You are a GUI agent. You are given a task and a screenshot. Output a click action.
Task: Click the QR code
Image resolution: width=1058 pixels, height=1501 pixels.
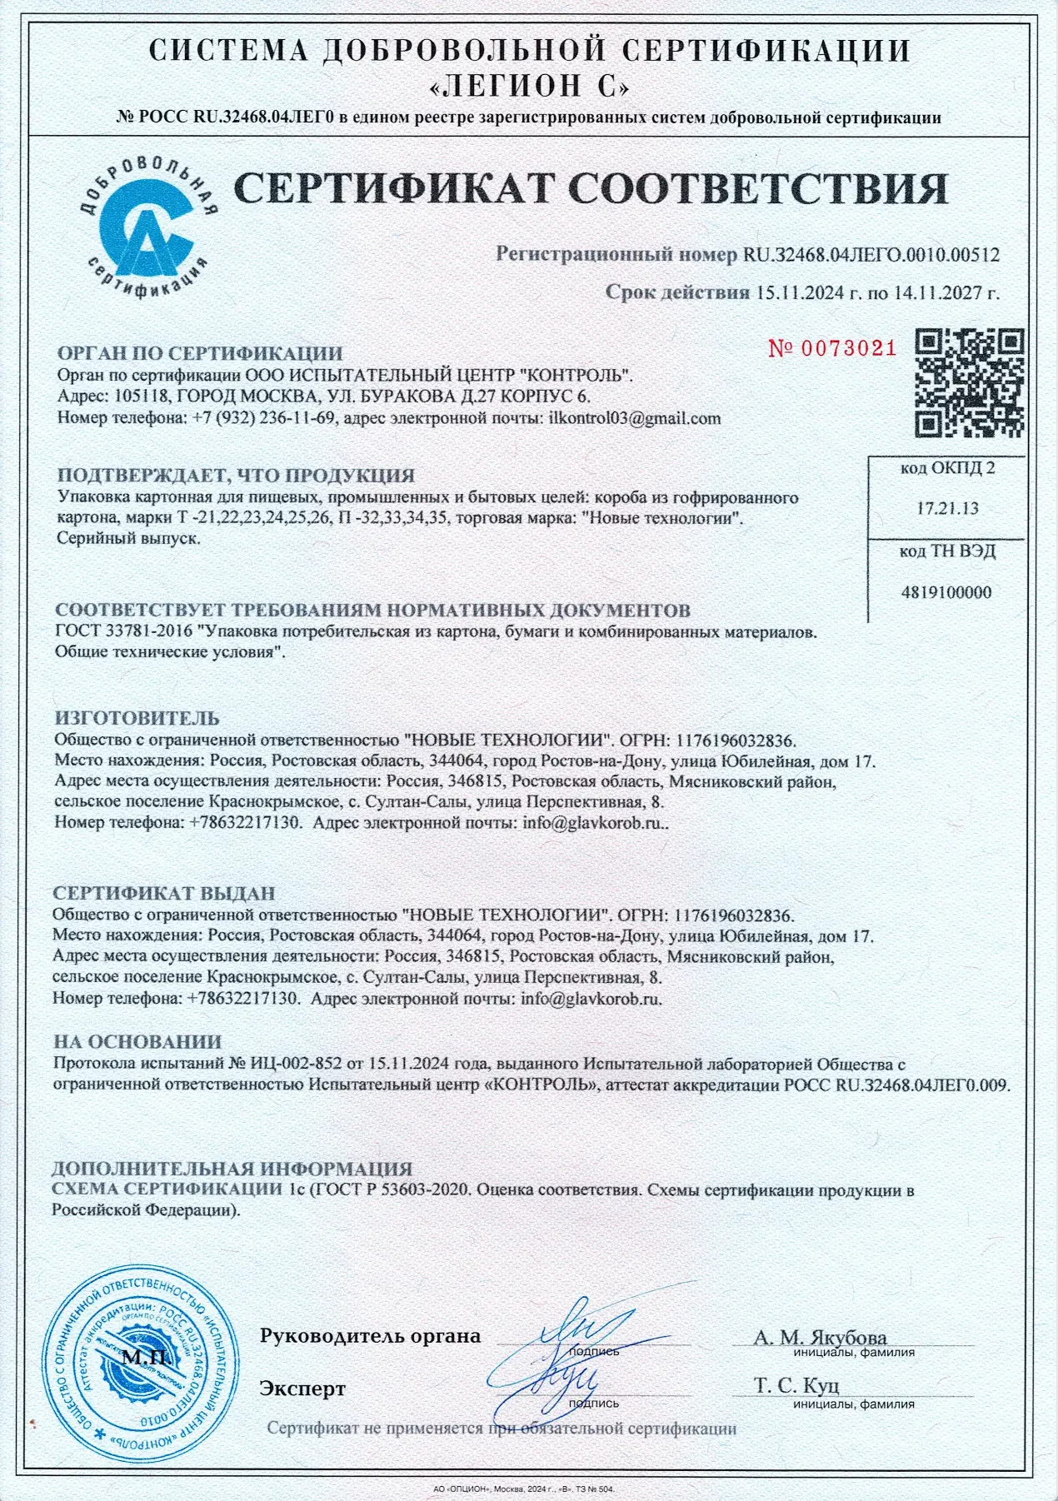(970, 383)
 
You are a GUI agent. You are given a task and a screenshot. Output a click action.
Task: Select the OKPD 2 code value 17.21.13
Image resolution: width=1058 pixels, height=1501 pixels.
(947, 508)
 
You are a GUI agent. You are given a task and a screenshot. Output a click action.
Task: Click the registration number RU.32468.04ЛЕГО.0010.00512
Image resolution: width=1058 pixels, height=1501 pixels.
(871, 255)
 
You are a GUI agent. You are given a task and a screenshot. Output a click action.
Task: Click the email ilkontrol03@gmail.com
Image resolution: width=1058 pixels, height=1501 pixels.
(634, 418)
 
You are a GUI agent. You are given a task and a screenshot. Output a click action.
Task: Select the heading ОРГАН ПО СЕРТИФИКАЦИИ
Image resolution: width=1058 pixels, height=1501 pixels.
(199, 354)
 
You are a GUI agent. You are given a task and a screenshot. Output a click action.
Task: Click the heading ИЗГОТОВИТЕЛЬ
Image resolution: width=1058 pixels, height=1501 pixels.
(137, 718)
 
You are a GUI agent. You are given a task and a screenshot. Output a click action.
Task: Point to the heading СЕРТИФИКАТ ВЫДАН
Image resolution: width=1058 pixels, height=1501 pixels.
(164, 894)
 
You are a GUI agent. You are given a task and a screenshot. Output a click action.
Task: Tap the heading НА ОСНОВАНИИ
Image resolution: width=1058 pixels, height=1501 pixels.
(137, 1041)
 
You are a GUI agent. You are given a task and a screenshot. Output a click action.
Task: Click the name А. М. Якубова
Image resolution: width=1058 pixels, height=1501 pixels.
(820, 1338)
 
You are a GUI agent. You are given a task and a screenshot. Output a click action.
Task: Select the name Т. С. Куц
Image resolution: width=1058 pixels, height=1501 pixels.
(796, 1385)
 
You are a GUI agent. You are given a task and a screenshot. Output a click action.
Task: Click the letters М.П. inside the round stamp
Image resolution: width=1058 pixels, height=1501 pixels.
(145, 1358)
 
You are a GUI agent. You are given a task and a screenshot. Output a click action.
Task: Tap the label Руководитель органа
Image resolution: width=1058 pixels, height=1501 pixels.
(370, 1336)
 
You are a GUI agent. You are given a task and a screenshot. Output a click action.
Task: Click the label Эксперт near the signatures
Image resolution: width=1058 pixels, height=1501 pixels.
(302, 1388)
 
